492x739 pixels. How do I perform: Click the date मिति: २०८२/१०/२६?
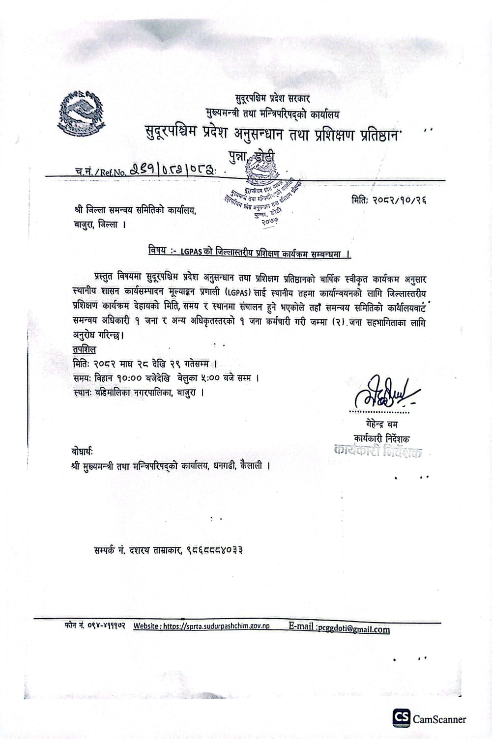point(388,200)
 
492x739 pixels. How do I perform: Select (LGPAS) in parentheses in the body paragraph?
point(239,292)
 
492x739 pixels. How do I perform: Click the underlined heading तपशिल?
point(83,350)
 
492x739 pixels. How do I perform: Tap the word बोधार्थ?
point(82,451)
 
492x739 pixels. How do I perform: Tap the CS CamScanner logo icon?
point(401,719)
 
